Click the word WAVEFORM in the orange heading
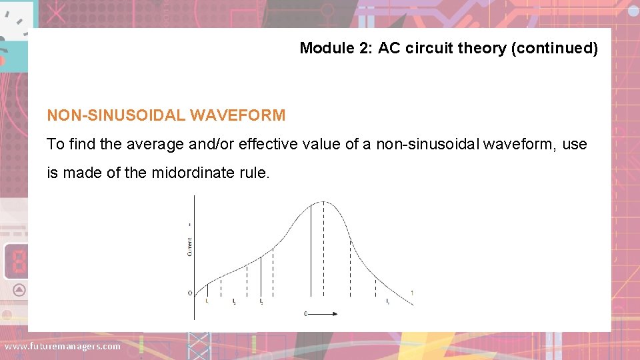pyautogui.click(x=237, y=115)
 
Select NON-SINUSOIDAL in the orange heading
pyautogui.click(x=116, y=115)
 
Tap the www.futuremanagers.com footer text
pyautogui.click(x=63, y=346)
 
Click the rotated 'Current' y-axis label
pyautogui.click(x=189, y=247)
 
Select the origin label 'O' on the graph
pyautogui.click(x=189, y=293)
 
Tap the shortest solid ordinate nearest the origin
pyautogui.click(x=207, y=290)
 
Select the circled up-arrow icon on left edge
pyautogui.click(x=19, y=289)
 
